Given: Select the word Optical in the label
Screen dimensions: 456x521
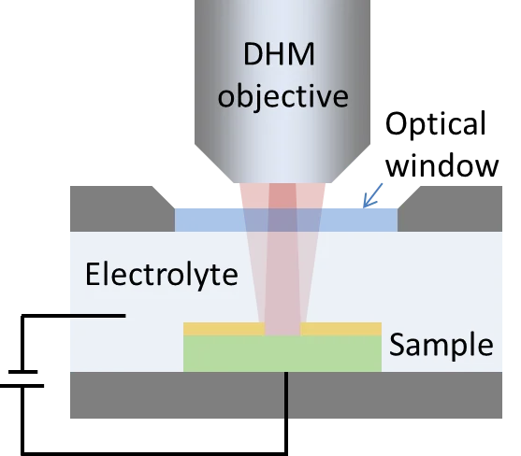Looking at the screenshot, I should click(436, 125).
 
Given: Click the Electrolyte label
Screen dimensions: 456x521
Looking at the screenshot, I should click(161, 275).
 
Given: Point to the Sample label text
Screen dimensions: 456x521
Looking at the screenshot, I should click(441, 345).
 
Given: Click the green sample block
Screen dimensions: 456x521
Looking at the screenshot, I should click(282, 353).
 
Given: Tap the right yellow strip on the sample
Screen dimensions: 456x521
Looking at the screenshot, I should click(341, 329).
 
